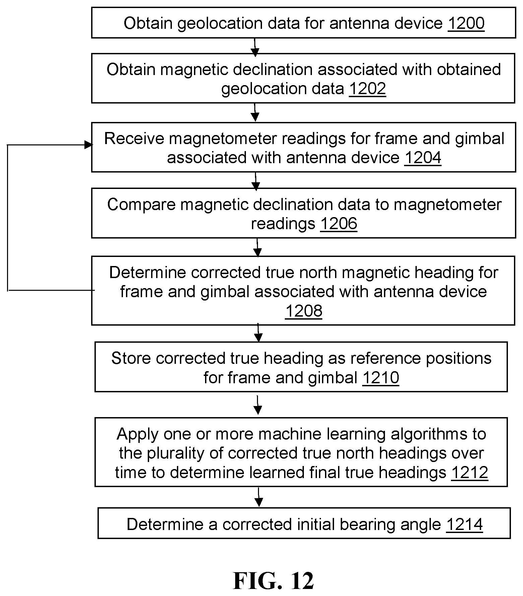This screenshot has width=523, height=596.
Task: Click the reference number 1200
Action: [466, 23]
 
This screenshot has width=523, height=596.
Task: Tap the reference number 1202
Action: [368, 88]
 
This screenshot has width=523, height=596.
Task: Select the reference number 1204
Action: [423, 157]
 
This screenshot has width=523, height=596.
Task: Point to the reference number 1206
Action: [339, 223]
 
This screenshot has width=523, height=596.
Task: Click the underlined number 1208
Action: [304, 311]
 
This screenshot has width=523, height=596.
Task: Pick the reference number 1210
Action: [381, 378]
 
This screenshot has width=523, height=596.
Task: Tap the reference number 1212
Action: [469, 472]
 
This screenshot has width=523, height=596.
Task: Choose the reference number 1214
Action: [464, 524]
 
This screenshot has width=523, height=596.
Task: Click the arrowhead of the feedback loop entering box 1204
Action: [88, 145]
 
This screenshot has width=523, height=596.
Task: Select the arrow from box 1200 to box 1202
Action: [255, 47]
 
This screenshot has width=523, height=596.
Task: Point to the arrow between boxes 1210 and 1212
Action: [257, 405]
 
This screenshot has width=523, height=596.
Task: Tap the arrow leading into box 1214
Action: [259, 497]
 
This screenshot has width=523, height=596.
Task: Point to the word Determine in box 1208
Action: [148, 272]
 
